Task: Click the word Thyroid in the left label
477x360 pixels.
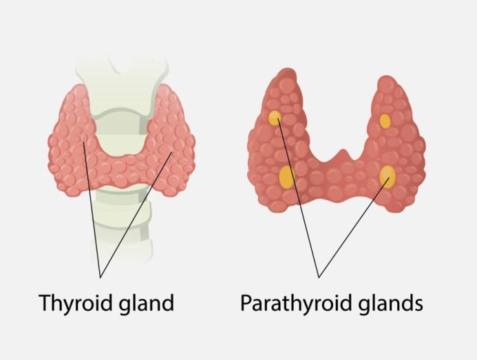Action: [x=76, y=303]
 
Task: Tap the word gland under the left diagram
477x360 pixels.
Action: [x=147, y=302]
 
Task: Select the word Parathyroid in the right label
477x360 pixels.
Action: [x=296, y=303]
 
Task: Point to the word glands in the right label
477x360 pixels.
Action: [x=390, y=302]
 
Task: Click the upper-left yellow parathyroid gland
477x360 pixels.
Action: [x=275, y=118]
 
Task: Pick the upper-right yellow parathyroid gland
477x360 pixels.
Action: [x=385, y=121]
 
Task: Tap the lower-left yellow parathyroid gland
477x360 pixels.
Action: [x=287, y=177]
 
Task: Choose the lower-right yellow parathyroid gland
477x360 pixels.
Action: [x=388, y=176]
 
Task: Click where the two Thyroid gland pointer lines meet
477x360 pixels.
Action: [x=100, y=277]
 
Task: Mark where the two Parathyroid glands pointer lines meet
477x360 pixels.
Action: [x=319, y=277]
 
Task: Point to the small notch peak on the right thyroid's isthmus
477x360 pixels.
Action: [x=343, y=151]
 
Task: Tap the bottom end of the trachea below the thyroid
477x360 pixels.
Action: [x=122, y=259]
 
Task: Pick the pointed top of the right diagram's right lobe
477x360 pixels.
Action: [x=386, y=76]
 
